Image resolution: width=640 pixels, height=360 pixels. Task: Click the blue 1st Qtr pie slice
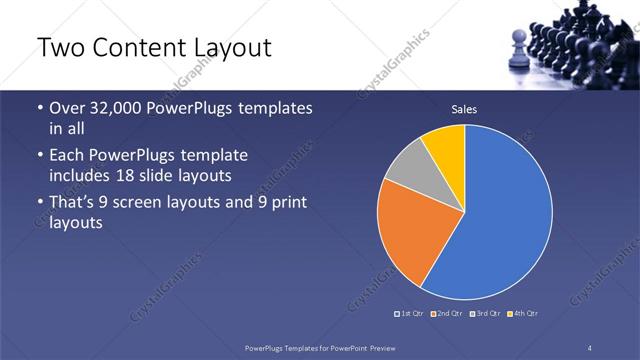(x=500, y=220)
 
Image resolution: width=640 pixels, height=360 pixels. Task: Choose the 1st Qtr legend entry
(x=409, y=315)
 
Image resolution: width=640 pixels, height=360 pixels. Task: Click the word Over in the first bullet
(x=70, y=108)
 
